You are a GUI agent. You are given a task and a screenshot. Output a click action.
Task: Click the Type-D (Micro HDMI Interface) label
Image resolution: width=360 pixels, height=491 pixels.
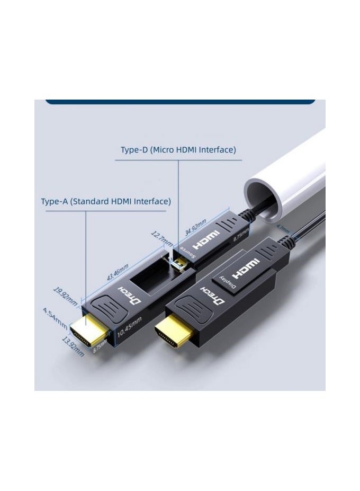178,150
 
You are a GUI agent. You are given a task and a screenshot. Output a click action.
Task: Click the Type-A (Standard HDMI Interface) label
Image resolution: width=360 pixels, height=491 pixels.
106,202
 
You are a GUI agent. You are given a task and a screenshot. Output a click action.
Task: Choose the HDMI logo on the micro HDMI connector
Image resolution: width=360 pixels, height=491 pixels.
207,241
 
